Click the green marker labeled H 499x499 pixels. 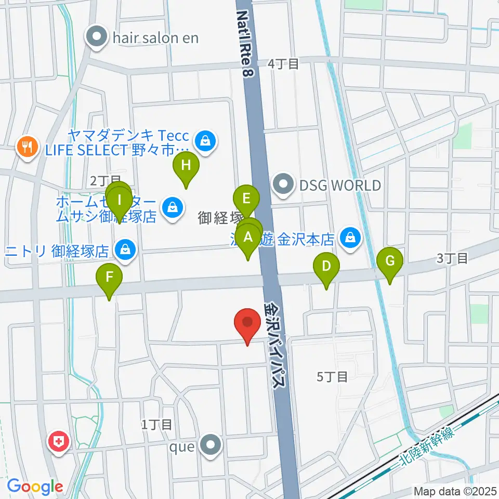coord(186,166)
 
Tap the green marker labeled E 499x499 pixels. coord(246,199)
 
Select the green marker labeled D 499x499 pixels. coord(326,267)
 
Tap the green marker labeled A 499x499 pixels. coord(248,238)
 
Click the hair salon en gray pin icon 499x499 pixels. coord(96,37)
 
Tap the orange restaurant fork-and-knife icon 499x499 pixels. coord(27,147)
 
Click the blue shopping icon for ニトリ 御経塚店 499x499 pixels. coord(125,250)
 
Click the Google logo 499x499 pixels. coord(34,487)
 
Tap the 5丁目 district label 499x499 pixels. coord(332,377)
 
